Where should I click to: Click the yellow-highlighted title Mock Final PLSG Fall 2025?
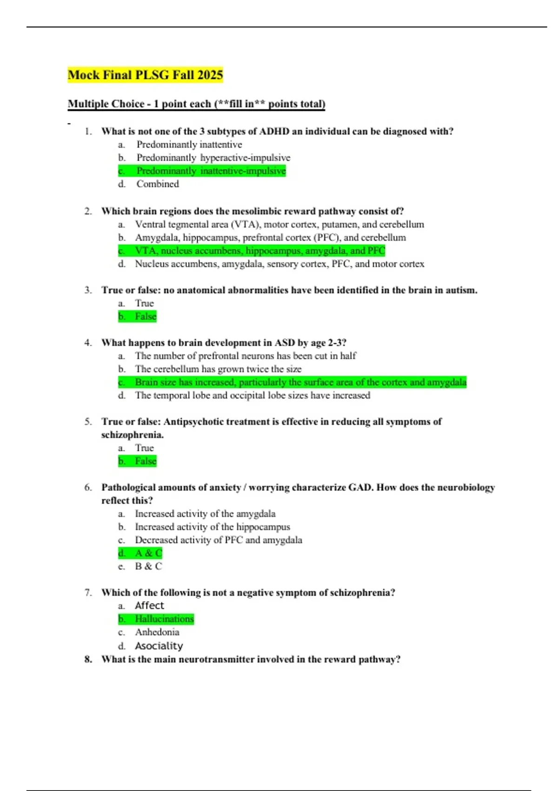point(145,74)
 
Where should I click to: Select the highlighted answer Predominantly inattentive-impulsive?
point(211,171)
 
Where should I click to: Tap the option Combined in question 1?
point(157,184)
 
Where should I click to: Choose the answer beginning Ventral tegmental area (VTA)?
point(279,224)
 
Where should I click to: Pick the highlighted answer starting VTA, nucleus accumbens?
point(259,250)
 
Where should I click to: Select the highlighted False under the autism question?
point(145,316)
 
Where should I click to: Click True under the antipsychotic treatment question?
point(144,448)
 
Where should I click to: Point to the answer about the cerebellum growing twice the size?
point(218,369)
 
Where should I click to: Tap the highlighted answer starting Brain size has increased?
point(300,382)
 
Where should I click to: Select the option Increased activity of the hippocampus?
point(212,527)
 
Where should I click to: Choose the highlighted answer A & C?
point(148,553)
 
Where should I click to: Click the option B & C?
point(148,566)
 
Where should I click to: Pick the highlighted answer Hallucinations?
point(164,619)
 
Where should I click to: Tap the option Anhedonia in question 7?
point(157,632)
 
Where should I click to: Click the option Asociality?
point(159,646)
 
